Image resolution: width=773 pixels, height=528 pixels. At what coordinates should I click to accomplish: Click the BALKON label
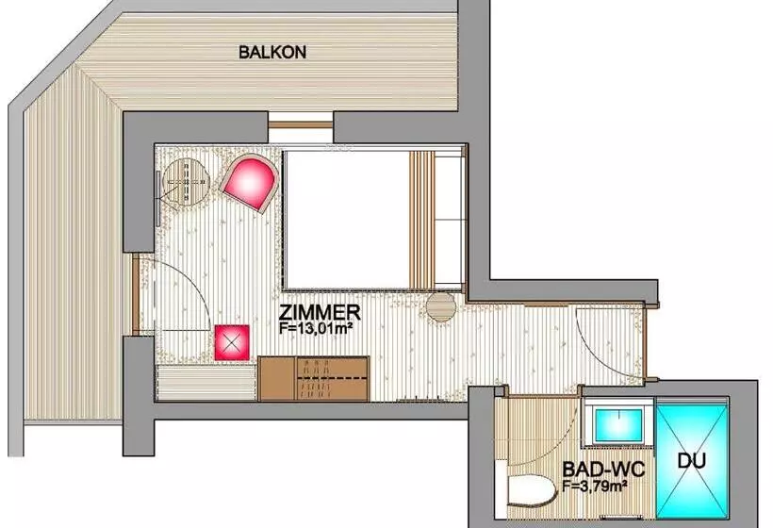pyautogui.click(x=272, y=52)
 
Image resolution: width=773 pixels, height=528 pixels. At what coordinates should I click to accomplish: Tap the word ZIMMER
pyautogui.click(x=320, y=312)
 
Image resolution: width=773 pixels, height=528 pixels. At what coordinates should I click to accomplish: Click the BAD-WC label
pyautogui.click(x=603, y=469)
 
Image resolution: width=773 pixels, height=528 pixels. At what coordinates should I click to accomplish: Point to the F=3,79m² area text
pyautogui.click(x=595, y=486)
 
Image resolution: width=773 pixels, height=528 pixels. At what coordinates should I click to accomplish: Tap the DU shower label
pyautogui.click(x=692, y=460)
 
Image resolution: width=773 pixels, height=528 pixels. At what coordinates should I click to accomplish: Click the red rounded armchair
pyautogui.click(x=249, y=182)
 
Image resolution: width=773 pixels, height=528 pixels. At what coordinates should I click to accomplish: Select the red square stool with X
pyautogui.click(x=232, y=342)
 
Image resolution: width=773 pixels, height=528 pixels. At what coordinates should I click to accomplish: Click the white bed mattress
pyautogui.click(x=347, y=220)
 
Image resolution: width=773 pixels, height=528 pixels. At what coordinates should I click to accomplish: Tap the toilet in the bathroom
pyautogui.click(x=529, y=491)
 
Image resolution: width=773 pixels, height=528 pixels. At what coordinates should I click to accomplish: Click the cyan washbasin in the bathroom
pyautogui.click(x=618, y=425)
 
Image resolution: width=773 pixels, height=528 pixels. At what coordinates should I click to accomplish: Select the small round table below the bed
pyautogui.click(x=441, y=306)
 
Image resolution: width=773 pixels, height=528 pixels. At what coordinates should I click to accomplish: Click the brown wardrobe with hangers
pyautogui.click(x=314, y=378)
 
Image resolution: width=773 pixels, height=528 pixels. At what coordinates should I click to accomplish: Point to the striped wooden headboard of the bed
pyautogui.click(x=422, y=220)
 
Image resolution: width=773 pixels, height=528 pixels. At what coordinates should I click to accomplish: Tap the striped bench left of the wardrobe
pyautogui.click(x=206, y=383)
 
